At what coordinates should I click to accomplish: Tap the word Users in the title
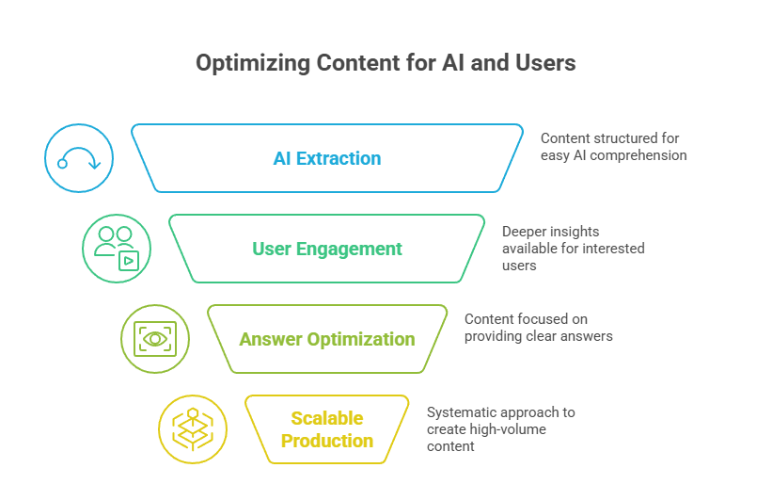(x=545, y=64)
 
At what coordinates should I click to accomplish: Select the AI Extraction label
(x=326, y=158)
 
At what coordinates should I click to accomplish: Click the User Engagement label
(x=326, y=249)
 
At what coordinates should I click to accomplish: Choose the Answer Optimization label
(x=326, y=339)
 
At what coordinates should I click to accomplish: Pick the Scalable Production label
(x=326, y=429)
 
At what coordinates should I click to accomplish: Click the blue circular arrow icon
(x=79, y=158)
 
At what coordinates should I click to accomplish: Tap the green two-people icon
(x=117, y=249)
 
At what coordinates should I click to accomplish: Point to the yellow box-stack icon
(x=193, y=429)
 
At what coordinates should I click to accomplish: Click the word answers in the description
(x=587, y=336)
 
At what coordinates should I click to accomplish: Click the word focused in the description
(x=544, y=319)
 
